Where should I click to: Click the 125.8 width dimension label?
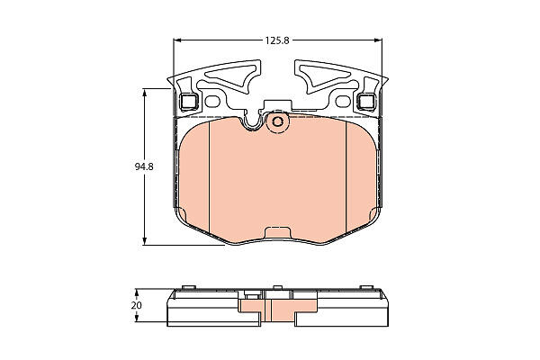(x=277, y=40)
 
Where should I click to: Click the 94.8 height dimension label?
(x=144, y=167)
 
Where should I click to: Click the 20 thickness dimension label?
(x=137, y=306)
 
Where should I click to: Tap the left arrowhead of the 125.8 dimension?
(x=177, y=40)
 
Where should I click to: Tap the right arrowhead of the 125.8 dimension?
(x=378, y=40)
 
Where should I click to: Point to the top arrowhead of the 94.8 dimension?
(x=145, y=93)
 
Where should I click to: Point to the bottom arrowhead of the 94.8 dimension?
(x=145, y=241)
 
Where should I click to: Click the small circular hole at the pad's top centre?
(x=277, y=121)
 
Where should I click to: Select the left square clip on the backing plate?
(x=189, y=102)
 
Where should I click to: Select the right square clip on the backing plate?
(x=366, y=102)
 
